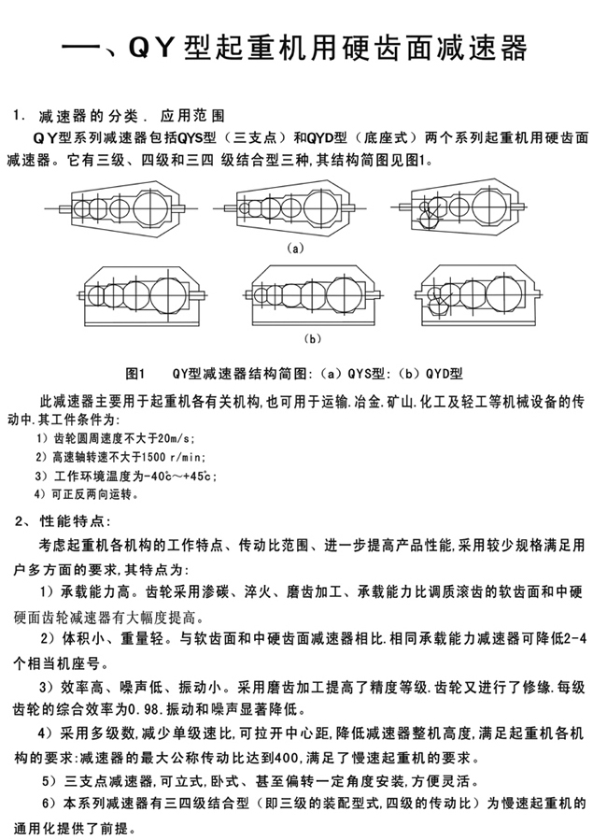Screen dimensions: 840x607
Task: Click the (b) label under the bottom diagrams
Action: click(313, 336)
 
